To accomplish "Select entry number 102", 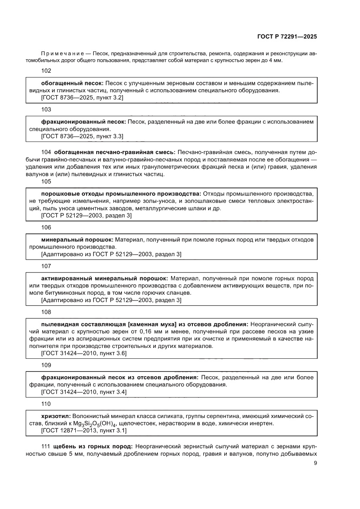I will click(46, 71).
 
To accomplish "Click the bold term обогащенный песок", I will click(72, 82).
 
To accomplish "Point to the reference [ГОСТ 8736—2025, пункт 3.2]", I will click(82, 98).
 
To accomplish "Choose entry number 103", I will click(46, 109).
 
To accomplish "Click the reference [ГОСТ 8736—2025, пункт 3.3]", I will click(82, 137).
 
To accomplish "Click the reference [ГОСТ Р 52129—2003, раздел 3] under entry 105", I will click(86, 216).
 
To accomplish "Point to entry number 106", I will click(46, 227).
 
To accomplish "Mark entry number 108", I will click(46, 312).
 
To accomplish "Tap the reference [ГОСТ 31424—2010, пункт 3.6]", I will click(84, 353).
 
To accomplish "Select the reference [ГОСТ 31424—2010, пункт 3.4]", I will click(84, 393).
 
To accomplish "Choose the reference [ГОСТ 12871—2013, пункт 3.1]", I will click(84, 431).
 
